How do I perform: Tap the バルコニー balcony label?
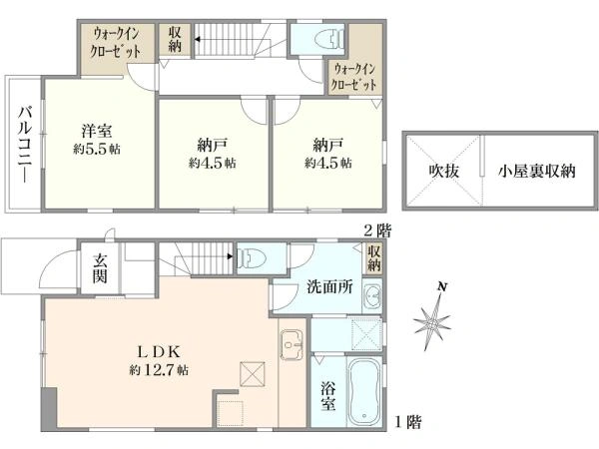[22, 143]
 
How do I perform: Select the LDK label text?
[157, 351]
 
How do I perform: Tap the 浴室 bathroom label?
[326, 396]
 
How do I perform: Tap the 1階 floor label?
[406, 423]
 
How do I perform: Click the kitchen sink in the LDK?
[294, 348]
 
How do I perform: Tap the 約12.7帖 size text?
[157, 370]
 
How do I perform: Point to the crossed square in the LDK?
[251, 374]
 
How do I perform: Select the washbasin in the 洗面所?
[371, 295]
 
